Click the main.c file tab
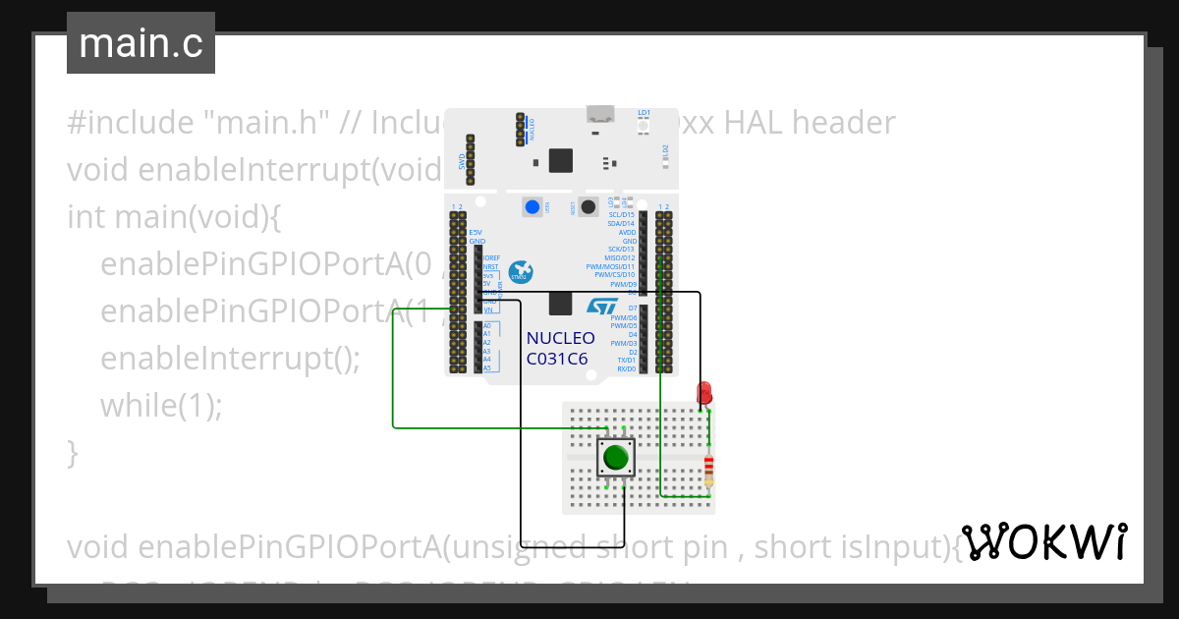[x=140, y=43]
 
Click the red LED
[x=704, y=394]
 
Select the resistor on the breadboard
[x=709, y=471]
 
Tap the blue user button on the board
[x=533, y=206]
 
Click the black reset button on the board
[x=589, y=206]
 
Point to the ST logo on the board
[x=601, y=307]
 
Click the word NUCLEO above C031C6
[x=560, y=339]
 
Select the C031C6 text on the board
[x=557, y=359]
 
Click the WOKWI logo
[x=1043, y=542]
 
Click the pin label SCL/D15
[x=622, y=214]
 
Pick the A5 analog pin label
[x=487, y=368]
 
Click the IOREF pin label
[x=492, y=257]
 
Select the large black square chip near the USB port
[x=561, y=160]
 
